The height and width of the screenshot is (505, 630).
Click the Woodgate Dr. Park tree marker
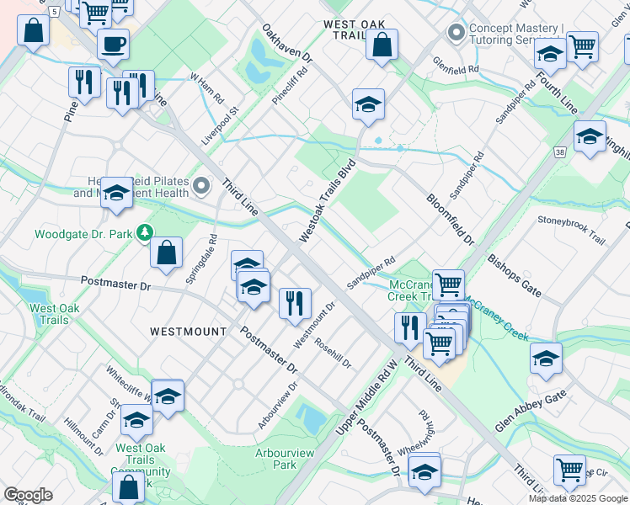pyautogui.click(x=146, y=231)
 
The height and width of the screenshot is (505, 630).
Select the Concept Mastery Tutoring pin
pyautogui.click(x=456, y=33)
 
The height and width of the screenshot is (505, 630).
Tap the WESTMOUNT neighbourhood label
pyautogui.click(x=188, y=332)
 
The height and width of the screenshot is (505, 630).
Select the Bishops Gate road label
pyautogui.click(x=514, y=275)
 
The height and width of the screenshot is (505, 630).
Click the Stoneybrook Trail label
pyautogui.click(x=571, y=229)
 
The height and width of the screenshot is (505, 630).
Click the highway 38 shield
pyautogui.click(x=559, y=152)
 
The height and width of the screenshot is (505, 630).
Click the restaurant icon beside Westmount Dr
pyautogui.click(x=295, y=303)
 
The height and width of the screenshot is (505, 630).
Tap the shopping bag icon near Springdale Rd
pyautogui.click(x=167, y=252)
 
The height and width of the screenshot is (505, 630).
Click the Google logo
pyautogui.click(x=28, y=495)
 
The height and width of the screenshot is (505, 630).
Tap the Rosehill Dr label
pyautogui.click(x=333, y=353)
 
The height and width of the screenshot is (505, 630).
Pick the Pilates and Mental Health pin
pyautogui.click(x=201, y=185)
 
